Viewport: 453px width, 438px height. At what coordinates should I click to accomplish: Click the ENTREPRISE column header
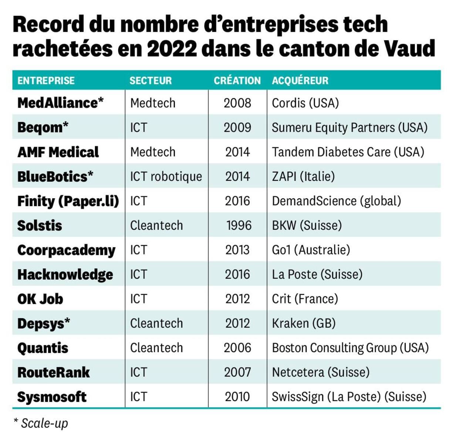[x=46, y=81]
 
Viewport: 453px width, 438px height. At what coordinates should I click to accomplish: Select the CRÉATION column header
[x=237, y=81]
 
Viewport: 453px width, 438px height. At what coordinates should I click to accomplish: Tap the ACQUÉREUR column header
[x=300, y=81]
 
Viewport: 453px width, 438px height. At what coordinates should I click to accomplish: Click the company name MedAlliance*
[x=60, y=103]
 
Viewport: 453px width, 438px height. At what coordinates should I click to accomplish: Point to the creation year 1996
[x=239, y=225]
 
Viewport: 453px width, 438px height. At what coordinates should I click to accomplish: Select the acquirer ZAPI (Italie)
[x=303, y=176]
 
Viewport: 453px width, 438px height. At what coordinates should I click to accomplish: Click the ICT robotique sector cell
[x=166, y=176]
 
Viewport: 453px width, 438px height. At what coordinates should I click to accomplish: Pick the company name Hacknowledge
[x=65, y=274]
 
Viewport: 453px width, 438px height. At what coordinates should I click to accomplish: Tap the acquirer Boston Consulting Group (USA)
[x=350, y=348]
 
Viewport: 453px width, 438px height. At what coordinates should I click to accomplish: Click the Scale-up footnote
[x=41, y=423]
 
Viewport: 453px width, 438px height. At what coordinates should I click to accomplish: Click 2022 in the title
[x=172, y=48]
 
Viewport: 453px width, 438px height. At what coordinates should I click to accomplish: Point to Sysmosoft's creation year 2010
[x=237, y=397]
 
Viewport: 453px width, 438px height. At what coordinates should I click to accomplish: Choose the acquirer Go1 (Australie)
[x=311, y=250]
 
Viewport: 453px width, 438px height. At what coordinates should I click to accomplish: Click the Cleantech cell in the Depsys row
[x=156, y=323]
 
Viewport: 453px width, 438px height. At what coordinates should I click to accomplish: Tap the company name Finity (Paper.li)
[x=68, y=201]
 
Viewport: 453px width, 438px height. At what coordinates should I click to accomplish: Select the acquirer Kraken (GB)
[x=304, y=323]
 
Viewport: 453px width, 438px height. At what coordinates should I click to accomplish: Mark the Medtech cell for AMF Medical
[x=153, y=152]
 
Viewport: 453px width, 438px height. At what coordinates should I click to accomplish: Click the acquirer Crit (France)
[x=305, y=299]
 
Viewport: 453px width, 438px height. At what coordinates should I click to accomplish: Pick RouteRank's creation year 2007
[x=237, y=372]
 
